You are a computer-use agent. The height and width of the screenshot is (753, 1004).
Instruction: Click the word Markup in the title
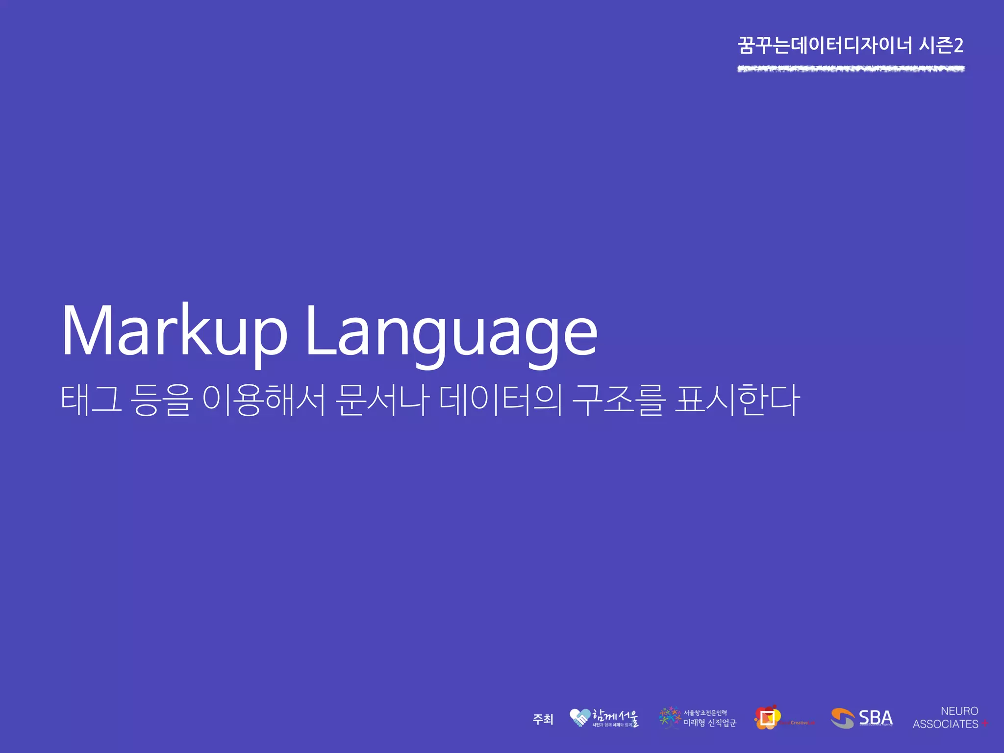pos(174,331)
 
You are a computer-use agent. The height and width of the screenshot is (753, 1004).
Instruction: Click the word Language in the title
pos(451,333)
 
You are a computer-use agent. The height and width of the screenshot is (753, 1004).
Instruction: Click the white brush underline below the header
pos(851,69)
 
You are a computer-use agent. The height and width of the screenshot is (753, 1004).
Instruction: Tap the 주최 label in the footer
pos(543,719)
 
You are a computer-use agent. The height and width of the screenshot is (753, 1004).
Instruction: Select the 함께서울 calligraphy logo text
pos(615,717)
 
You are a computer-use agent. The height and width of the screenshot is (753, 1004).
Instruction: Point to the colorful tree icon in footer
pos(670,718)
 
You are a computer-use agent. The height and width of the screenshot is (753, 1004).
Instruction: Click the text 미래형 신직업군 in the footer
pos(710,723)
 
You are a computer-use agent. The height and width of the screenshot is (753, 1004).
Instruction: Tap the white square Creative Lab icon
pos(768,718)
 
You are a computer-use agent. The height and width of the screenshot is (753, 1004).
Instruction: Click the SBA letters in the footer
pos(876,717)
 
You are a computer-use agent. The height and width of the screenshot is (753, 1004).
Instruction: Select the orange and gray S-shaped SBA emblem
pos(842,718)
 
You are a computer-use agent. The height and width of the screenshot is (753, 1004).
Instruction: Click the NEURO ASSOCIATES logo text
pos(946,717)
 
